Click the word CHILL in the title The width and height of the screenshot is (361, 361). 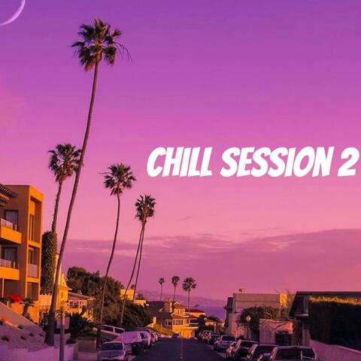(x=178, y=162)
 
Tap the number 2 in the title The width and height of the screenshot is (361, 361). (x=348, y=162)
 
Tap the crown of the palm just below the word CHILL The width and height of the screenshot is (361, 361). (x=119, y=178)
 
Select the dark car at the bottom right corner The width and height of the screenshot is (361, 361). (x=293, y=353)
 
